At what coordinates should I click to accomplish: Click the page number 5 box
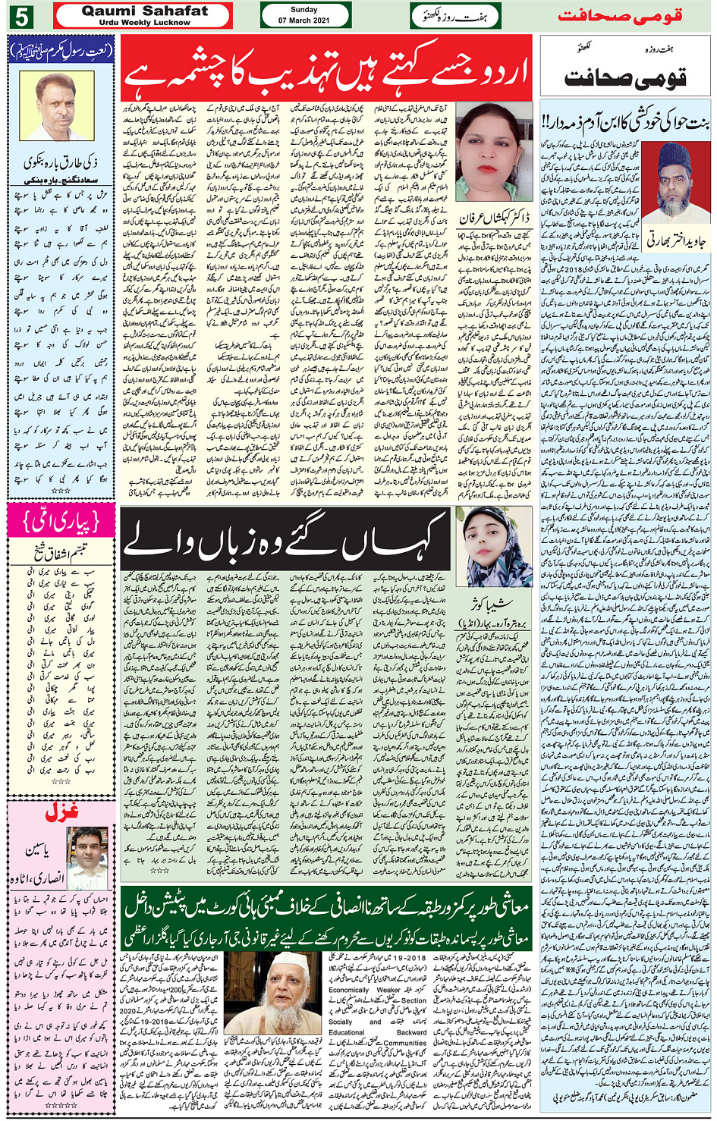pyautogui.click(x=20, y=15)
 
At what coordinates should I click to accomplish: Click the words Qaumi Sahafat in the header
pyautogui.click(x=144, y=11)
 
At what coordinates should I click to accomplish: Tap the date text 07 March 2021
pyautogui.click(x=303, y=20)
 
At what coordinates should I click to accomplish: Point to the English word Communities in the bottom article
pyautogui.click(x=404, y=1043)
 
